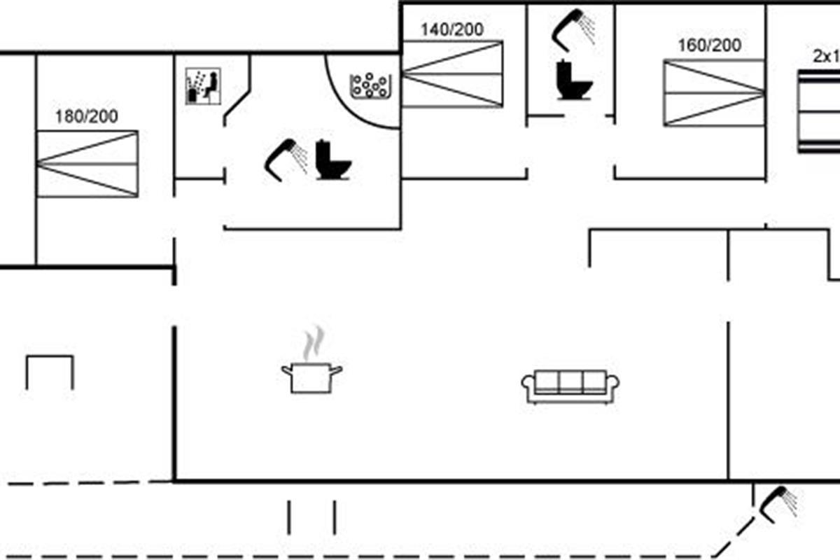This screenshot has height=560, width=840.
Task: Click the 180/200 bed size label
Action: click(x=87, y=116)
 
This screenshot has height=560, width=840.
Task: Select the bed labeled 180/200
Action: click(x=87, y=164)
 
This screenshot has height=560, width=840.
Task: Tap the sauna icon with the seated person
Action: click(x=203, y=86)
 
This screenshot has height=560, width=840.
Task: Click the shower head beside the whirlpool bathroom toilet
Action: click(x=286, y=157)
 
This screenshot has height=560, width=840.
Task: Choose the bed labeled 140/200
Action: click(x=452, y=74)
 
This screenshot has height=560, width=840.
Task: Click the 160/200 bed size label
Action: click(x=709, y=45)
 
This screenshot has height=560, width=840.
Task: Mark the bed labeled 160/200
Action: click(x=714, y=93)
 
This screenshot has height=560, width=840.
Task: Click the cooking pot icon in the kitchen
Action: click(x=311, y=377)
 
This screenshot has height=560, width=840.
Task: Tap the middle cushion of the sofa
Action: click(x=570, y=381)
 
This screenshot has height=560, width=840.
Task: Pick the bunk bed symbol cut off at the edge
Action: click(x=819, y=112)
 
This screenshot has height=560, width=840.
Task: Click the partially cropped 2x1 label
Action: click(x=826, y=57)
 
